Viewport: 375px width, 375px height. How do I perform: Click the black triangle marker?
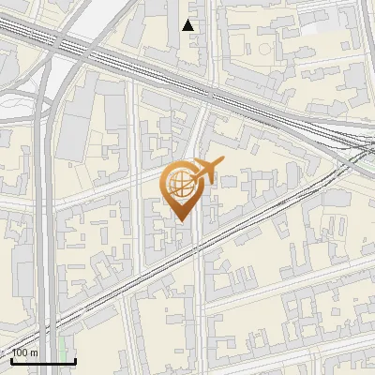189,25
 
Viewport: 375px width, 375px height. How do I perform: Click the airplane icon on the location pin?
205,171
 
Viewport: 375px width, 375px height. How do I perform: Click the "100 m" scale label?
24,352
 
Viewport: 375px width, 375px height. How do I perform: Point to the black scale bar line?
43,361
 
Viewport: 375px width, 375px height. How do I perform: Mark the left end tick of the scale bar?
11,359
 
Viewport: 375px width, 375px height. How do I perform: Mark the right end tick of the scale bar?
75,359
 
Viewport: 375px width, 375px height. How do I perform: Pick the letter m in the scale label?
34,353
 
